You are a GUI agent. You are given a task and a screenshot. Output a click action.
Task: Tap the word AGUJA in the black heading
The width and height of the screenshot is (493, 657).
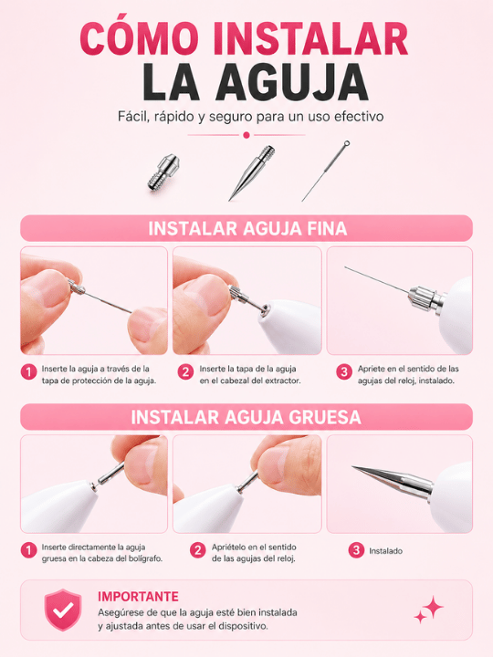[292, 82]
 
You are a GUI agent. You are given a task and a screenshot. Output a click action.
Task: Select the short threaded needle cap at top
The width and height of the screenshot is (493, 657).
[163, 172]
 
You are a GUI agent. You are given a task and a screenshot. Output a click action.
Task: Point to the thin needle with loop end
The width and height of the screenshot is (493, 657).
[326, 171]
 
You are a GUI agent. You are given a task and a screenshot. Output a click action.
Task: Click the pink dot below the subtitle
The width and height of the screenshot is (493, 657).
[246, 135]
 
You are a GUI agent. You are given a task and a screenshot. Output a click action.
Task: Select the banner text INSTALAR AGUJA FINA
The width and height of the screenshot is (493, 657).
[247, 229]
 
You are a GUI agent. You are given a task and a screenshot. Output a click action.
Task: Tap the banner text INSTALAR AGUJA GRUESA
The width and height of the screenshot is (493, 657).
[246, 417]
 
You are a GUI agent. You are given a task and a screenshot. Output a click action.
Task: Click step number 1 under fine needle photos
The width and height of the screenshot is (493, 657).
[29, 372]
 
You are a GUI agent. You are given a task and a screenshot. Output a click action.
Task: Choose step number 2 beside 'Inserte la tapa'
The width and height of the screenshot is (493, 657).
[185, 372]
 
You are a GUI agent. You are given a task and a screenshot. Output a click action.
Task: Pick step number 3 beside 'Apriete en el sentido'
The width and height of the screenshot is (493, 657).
[344, 372]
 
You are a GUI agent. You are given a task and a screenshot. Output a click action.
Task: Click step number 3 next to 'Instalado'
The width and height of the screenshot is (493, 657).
[356, 550]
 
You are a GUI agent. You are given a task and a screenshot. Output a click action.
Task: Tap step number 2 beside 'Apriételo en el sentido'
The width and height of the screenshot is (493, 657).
[197, 550]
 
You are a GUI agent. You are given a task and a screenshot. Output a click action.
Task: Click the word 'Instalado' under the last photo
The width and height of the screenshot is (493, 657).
[385, 551]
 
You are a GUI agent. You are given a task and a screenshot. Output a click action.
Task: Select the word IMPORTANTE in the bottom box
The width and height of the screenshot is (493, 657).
[139, 596]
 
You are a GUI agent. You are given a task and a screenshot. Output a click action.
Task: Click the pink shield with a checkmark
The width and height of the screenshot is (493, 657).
[63, 610]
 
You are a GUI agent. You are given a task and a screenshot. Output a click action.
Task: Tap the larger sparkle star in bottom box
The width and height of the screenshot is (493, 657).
[433, 607]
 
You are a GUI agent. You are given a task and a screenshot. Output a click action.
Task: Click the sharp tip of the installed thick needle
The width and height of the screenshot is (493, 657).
[353, 467]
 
